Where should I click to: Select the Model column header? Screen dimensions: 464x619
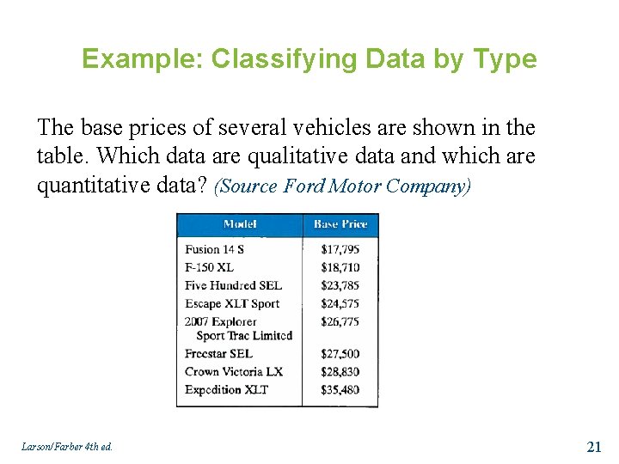click(x=239, y=224)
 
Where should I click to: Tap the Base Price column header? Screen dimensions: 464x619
click(x=340, y=224)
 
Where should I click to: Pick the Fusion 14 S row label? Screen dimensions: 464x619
click(x=214, y=249)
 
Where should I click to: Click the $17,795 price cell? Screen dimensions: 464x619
click(x=340, y=249)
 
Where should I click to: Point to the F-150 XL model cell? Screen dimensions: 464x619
click(x=209, y=267)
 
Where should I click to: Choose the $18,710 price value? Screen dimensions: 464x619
click(x=340, y=267)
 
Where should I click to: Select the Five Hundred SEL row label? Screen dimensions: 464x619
click(x=233, y=285)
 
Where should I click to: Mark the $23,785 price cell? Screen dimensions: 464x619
click(x=340, y=285)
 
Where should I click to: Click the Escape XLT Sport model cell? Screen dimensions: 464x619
click(x=232, y=303)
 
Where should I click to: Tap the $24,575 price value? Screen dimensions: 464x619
click(x=340, y=303)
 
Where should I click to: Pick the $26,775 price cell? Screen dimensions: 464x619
click(x=340, y=321)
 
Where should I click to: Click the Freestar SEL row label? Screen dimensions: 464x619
click(x=218, y=353)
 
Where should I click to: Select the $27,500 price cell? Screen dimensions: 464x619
click(x=340, y=353)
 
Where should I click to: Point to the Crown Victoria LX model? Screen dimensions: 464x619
click(x=233, y=371)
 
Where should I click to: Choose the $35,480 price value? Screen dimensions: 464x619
click(x=340, y=389)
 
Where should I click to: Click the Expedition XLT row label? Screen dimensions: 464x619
click(x=226, y=389)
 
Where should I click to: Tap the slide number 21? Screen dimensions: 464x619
click(x=593, y=446)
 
